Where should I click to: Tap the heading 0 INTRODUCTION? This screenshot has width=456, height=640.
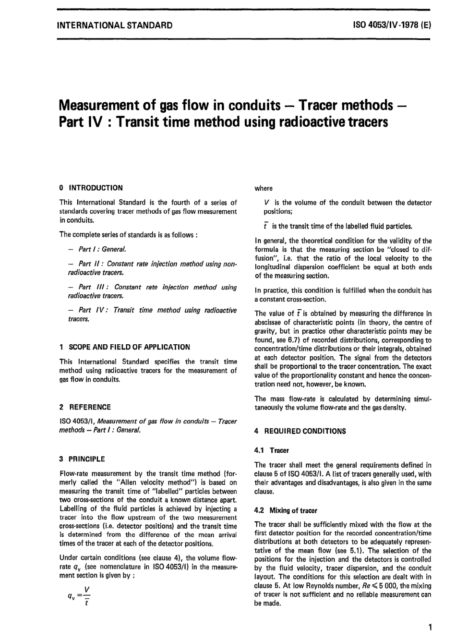(91, 188)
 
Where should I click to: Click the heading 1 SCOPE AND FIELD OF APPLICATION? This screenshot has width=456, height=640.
(124, 347)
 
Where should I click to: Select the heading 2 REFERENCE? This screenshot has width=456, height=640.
(84, 407)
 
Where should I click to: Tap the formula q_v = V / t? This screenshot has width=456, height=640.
(80, 596)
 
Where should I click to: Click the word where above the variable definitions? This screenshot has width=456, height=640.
(264, 188)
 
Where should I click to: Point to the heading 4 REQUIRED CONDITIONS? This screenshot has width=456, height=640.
(300, 431)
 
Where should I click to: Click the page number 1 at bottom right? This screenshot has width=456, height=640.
(430, 627)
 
